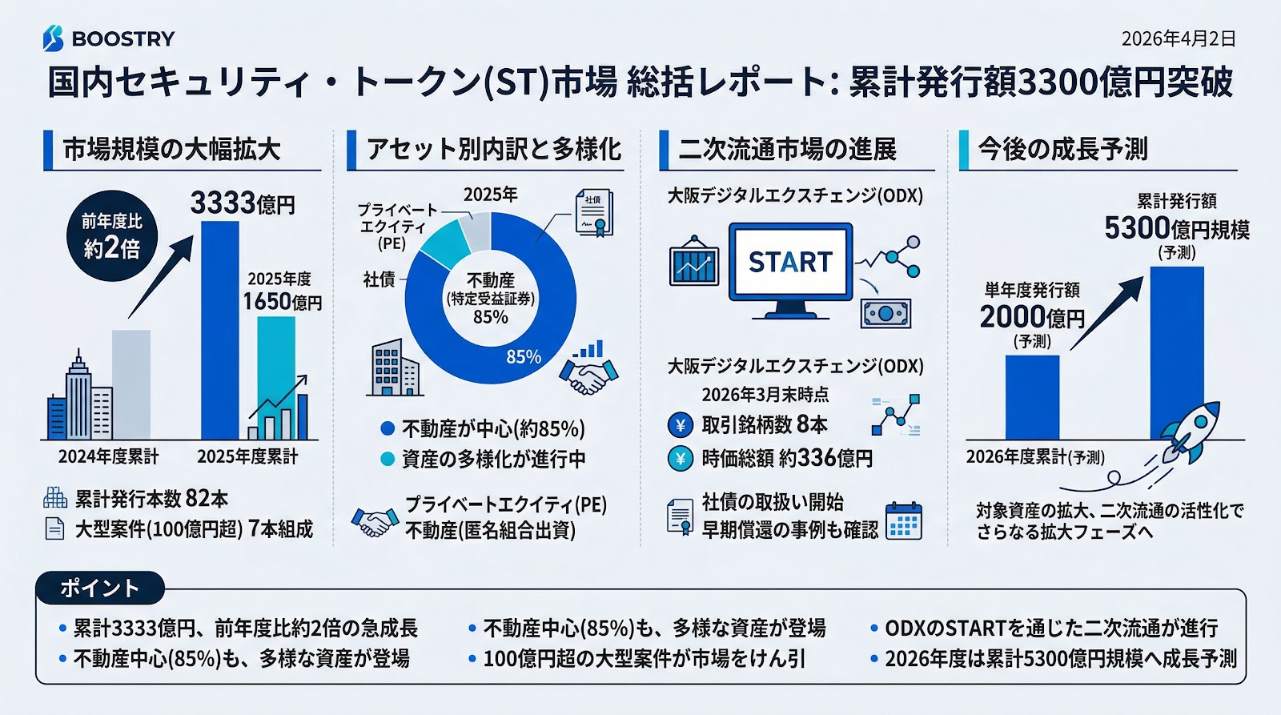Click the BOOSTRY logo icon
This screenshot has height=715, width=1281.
coord(53,38)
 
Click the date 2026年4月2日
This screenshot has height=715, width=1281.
coord(1178,38)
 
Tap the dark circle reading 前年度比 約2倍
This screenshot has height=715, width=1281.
coord(112,235)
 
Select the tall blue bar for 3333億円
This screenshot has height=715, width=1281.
coord(219,328)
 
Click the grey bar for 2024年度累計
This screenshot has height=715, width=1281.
coord(131,384)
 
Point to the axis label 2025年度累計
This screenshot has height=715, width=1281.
coord(247,456)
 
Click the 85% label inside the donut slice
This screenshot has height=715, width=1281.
coord(524,356)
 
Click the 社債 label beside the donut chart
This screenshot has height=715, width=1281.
coord(379,279)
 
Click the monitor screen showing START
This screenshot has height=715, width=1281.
coord(790,262)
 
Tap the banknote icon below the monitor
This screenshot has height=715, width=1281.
coord(885,313)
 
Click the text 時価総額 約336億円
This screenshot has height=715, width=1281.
coord(786,459)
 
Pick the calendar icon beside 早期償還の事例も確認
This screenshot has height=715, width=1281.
coord(904,521)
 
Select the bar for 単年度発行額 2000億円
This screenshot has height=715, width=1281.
coord(1032,397)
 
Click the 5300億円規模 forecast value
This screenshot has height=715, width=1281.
coord(1176,229)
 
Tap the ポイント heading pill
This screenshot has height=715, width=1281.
coord(100,588)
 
